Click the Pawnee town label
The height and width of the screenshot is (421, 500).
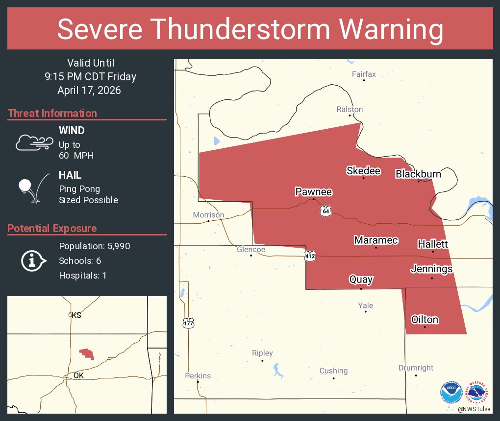coord(313,191)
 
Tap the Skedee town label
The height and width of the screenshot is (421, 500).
coord(363,170)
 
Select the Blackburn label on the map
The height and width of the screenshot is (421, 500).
coord(418,174)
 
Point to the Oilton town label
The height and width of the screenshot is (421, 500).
coord(425,320)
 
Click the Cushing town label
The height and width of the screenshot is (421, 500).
coord(333,371)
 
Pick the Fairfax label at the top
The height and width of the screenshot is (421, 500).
coord(364,74)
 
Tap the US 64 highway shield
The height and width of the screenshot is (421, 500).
coord(326,210)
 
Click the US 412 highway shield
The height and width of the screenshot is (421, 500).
coord(310,255)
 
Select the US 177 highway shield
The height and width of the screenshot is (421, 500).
coord(188,323)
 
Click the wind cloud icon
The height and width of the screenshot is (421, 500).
coord(34,142)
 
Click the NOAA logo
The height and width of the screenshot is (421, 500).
coord(451,392)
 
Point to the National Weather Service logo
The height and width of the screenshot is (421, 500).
coord(478,392)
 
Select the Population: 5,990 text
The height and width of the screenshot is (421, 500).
coord(95,246)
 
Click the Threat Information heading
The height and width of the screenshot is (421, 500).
coord(52,113)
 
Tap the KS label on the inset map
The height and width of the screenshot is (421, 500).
coord(76,315)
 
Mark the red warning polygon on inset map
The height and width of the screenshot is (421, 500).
coord(87,353)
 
